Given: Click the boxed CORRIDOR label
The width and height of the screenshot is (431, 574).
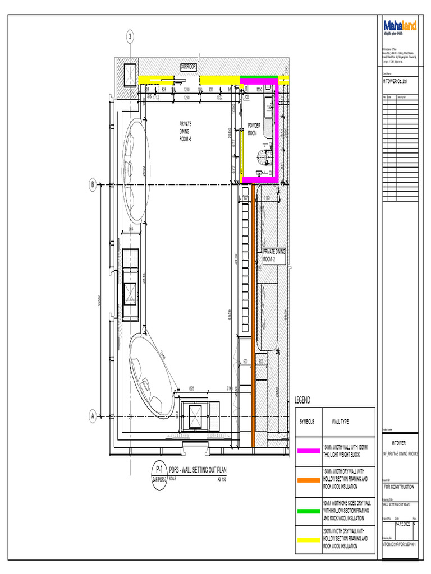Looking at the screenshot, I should pyautogui.click(x=189, y=67).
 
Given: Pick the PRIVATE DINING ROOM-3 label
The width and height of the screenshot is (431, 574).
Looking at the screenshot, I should pyautogui.click(x=186, y=131).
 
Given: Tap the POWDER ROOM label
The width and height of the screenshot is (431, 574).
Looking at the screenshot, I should pyautogui.click(x=254, y=129).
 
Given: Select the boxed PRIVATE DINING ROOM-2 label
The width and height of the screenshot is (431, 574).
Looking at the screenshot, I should pyautogui.click(x=274, y=256).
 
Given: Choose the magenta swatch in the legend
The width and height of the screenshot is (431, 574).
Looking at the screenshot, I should pyautogui.click(x=309, y=450).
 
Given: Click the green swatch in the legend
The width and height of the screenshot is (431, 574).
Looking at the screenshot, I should pyautogui.click(x=309, y=511).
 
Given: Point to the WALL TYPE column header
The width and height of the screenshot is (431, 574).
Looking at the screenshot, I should pyautogui.click(x=340, y=422).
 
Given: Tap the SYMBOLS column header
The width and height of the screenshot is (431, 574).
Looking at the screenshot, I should pyautogui.click(x=307, y=422).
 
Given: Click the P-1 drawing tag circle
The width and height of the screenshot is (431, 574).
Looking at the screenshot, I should pyautogui.click(x=159, y=469).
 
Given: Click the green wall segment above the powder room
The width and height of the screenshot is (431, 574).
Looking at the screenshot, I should pyautogui.click(x=259, y=77).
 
